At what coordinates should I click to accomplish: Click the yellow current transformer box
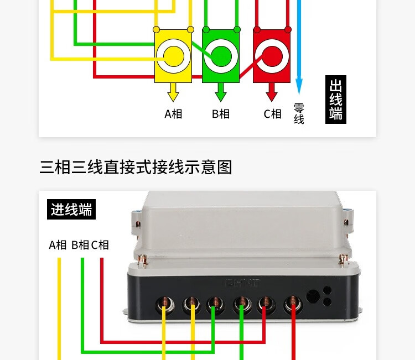(x=173, y=56)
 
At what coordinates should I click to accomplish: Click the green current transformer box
(x=221, y=56)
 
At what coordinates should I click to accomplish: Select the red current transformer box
(x=272, y=55)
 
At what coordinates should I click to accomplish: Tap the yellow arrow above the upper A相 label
(x=173, y=92)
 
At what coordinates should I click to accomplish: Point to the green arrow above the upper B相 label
(x=221, y=92)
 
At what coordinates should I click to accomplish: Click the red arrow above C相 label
(x=272, y=92)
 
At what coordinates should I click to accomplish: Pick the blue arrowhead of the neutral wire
(x=299, y=86)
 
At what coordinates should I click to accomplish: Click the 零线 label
(x=299, y=113)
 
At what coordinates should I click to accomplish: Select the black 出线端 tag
(x=336, y=100)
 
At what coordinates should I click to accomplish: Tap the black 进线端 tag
(x=71, y=210)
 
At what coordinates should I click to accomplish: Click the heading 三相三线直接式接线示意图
(x=136, y=167)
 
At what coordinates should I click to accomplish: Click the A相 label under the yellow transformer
(x=173, y=114)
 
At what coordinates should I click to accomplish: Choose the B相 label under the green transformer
(x=221, y=114)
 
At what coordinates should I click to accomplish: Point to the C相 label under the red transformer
(x=272, y=114)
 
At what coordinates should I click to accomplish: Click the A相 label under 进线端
(x=58, y=245)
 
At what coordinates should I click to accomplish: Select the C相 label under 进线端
(x=100, y=245)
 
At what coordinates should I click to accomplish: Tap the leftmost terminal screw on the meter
(x=164, y=302)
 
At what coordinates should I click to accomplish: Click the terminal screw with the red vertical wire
(x=293, y=302)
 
